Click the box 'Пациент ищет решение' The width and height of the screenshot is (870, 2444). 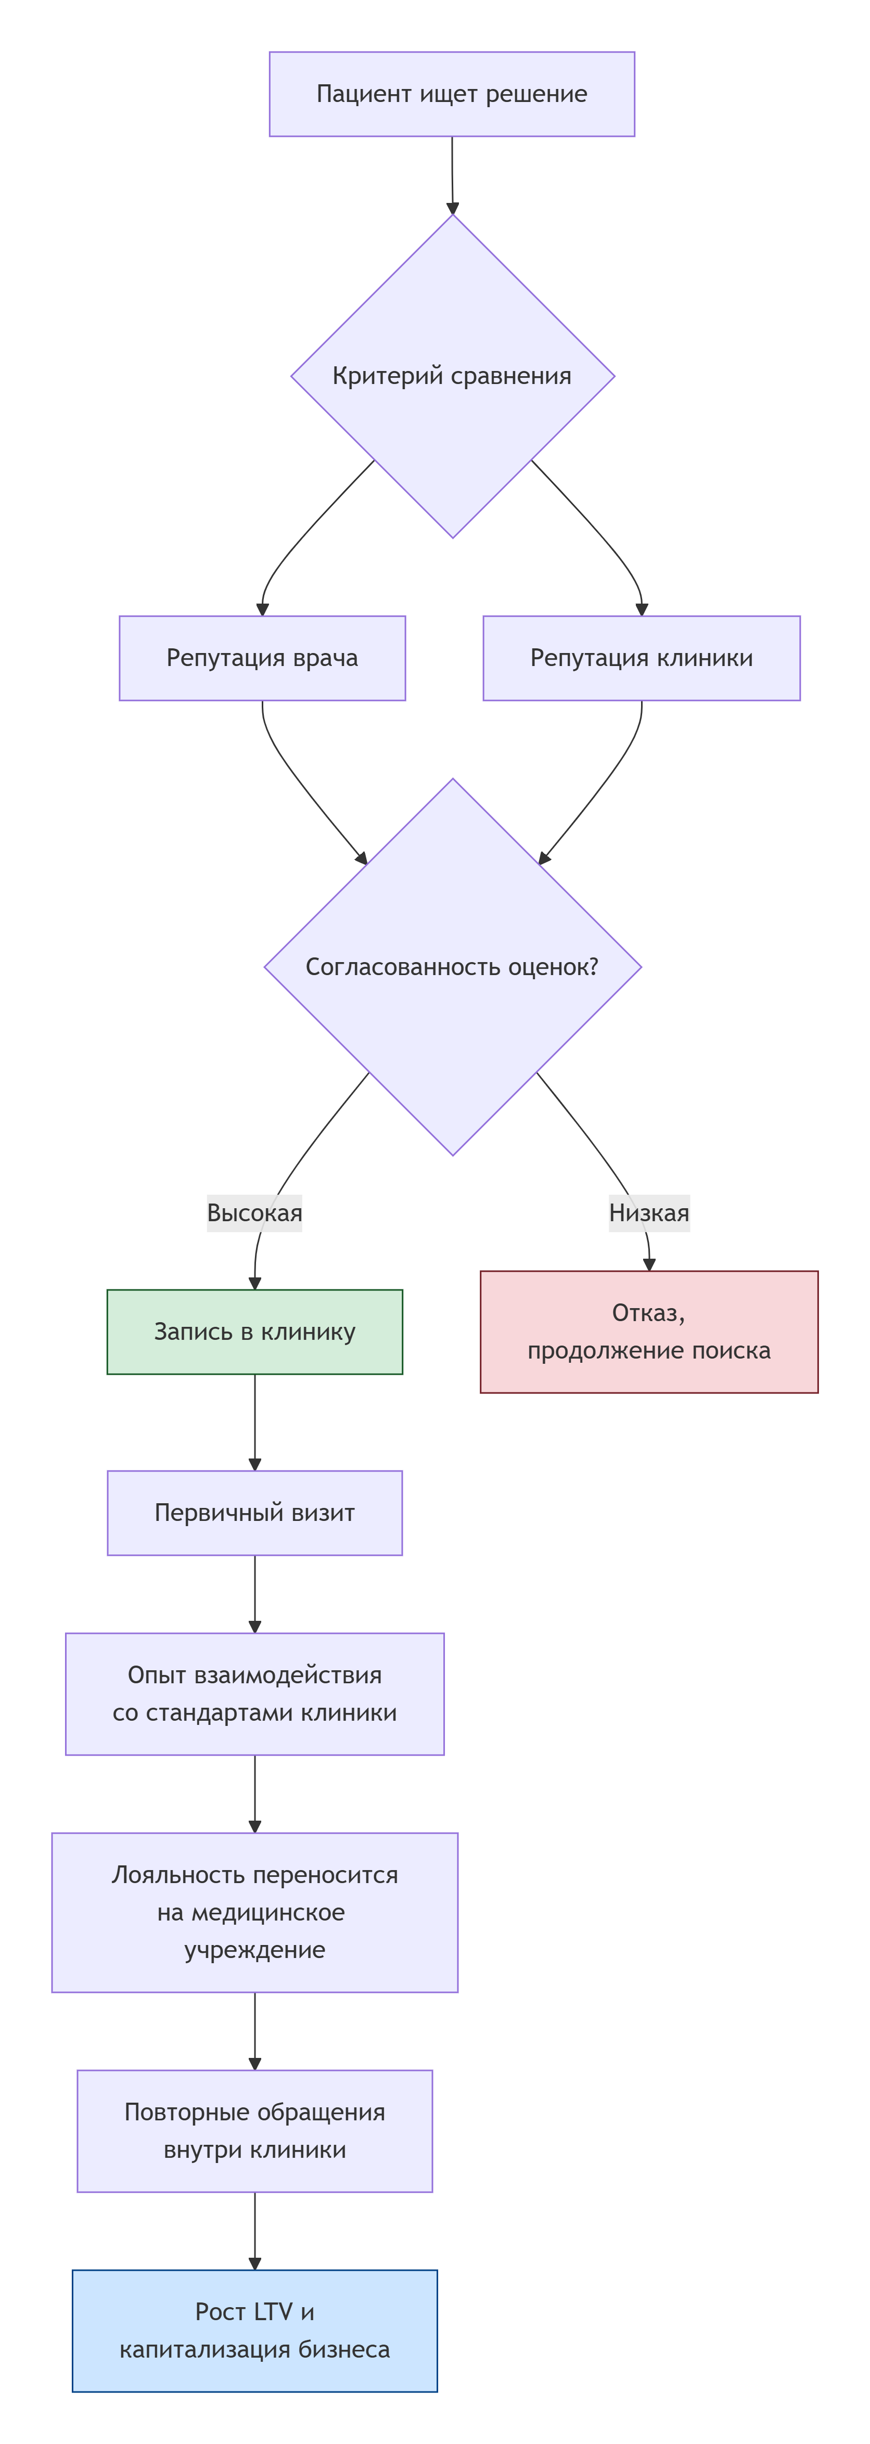pyautogui.click(x=452, y=94)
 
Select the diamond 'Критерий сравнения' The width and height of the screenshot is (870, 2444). pyautogui.click(x=452, y=376)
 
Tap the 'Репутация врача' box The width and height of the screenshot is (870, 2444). pyautogui.click(x=262, y=658)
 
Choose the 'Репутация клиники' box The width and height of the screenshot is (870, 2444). pyautogui.click(x=642, y=658)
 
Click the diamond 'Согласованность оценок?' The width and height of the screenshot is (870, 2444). pyautogui.click(x=452, y=967)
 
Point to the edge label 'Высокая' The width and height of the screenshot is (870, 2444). pyautogui.click(x=254, y=1212)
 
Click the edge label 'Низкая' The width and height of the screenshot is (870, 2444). pyautogui.click(x=649, y=1212)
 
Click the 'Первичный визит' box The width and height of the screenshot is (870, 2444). pyautogui.click(x=254, y=1512)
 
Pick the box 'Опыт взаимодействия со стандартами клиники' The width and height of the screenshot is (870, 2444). pyautogui.click(x=254, y=1694)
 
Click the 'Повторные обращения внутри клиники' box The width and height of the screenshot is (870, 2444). pyautogui.click(x=254, y=2131)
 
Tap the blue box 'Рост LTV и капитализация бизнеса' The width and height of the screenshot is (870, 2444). pyautogui.click(x=254, y=2330)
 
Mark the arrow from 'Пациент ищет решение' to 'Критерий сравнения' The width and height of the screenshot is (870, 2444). pyautogui.click(x=453, y=175)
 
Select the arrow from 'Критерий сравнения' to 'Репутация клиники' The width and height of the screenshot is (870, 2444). pyautogui.click(x=598, y=531)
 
